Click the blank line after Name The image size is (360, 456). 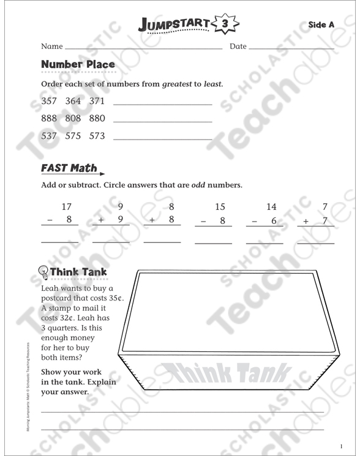click(x=143, y=47)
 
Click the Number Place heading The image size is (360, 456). click(x=78, y=64)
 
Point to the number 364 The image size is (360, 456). click(x=73, y=101)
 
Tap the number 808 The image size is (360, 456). click(x=73, y=118)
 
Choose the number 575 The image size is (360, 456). click(x=73, y=136)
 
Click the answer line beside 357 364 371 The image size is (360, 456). click(x=163, y=105)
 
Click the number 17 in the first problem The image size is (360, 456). click(x=67, y=207)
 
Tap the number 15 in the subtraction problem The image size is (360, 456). click(x=220, y=207)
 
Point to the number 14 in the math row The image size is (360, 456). click(x=271, y=207)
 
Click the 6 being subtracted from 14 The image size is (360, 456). click(x=273, y=220)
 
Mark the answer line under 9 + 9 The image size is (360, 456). click(x=111, y=242)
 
